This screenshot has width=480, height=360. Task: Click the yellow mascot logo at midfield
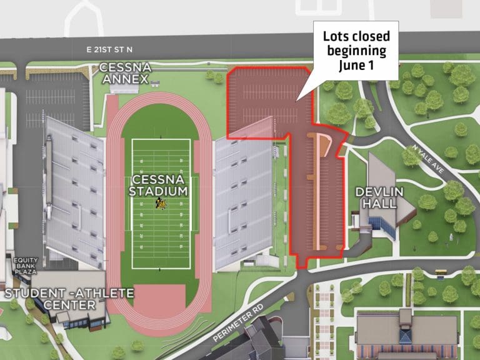click(160, 203)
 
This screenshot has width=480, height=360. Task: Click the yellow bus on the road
click(440, 272)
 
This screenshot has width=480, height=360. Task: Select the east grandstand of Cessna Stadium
click(244, 200)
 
